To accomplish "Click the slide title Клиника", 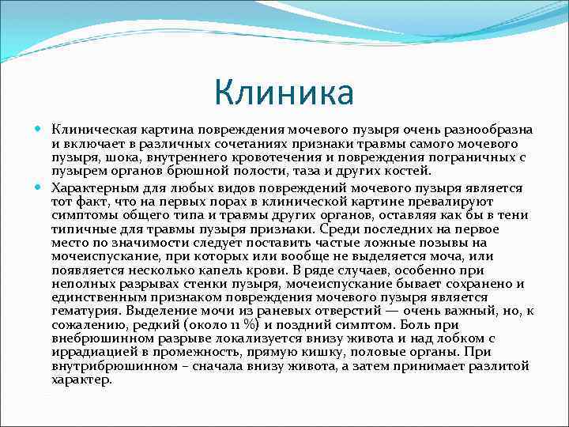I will tap(284, 92).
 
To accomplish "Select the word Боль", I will tap(417, 324).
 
